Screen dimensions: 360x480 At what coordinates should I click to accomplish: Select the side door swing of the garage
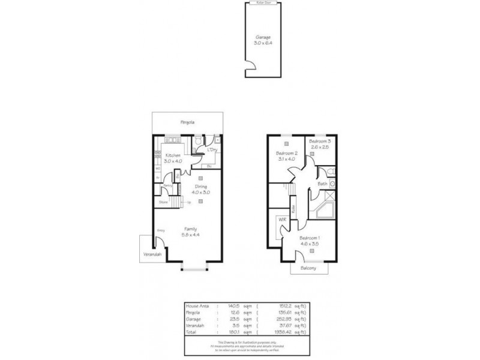tap(247, 67)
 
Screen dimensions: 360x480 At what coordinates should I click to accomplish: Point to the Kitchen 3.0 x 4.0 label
tap(173, 158)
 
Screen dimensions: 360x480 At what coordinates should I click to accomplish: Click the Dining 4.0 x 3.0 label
tap(199, 190)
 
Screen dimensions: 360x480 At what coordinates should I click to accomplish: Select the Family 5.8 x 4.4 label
tap(191, 231)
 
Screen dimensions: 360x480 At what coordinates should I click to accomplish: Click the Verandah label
tap(151, 254)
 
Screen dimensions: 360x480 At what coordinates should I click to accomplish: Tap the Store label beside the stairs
tap(163, 202)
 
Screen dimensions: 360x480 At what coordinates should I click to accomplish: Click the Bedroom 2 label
tap(287, 156)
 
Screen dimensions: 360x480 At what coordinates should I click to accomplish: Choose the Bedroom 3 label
tap(320, 143)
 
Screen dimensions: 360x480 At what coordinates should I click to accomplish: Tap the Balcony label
tap(310, 268)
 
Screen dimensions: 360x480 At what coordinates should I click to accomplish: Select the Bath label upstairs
tap(322, 184)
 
